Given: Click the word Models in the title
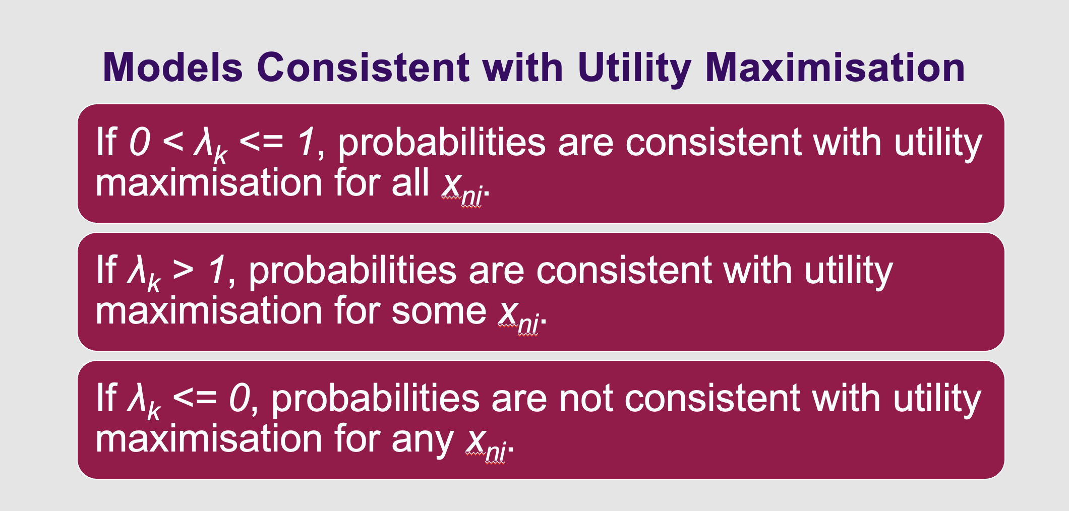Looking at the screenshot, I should tap(172, 68).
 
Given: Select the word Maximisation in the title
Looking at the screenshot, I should tap(835, 68).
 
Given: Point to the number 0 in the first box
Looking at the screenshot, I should tap(140, 142).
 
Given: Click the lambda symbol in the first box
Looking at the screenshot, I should tap(205, 143).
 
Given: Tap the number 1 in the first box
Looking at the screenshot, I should tap(307, 142).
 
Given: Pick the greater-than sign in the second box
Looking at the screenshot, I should tap(183, 270).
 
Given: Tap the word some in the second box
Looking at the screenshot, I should tap(439, 311).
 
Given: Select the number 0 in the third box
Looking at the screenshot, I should tap(240, 398).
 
